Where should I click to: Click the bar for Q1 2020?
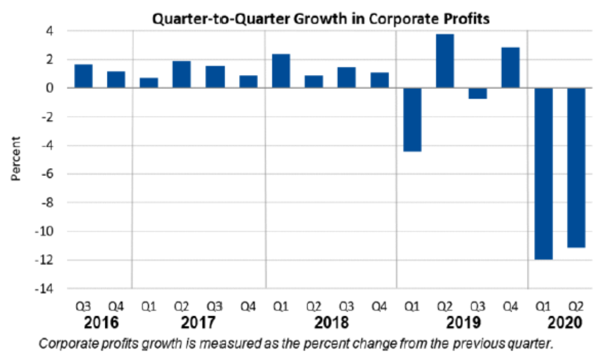coord(543,173)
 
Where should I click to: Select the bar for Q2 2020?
coord(576,167)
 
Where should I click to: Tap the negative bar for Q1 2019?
coord(412,119)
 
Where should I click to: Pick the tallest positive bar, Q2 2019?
coord(445,61)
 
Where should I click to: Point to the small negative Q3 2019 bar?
coord(478,93)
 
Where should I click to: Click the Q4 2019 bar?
coord(510,67)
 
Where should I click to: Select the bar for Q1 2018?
coord(281,71)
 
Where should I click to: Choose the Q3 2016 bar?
coord(83,76)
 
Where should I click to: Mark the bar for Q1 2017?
coord(149,83)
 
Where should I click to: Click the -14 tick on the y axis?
coord(50,289)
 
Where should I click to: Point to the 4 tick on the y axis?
coord(56,31)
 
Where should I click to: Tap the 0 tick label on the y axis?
coord(56,88)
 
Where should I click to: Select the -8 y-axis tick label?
coord(53,203)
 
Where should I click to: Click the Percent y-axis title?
coord(16,159)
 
